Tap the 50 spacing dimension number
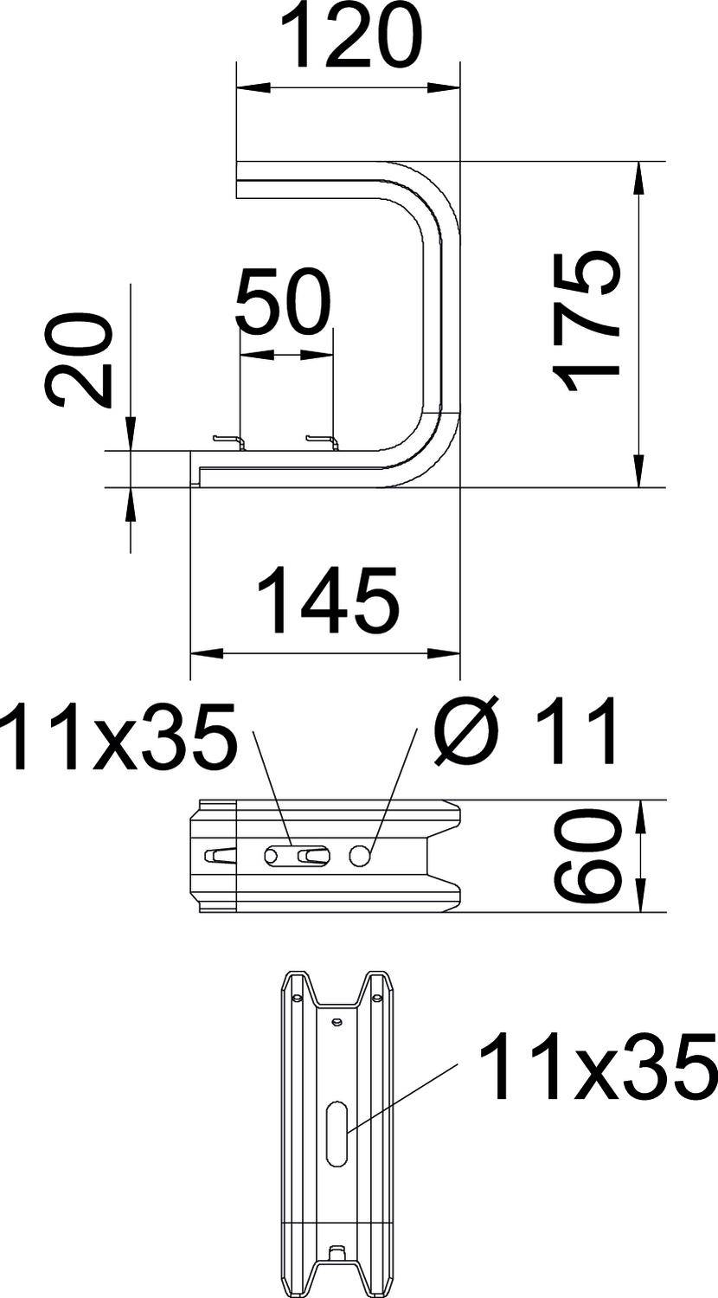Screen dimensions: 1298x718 point(284,303)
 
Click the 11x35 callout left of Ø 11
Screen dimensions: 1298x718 point(119,736)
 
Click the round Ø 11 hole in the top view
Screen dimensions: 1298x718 point(361,856)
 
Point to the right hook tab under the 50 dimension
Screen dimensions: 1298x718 point(322,442)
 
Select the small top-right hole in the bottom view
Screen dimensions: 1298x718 point(376,999)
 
